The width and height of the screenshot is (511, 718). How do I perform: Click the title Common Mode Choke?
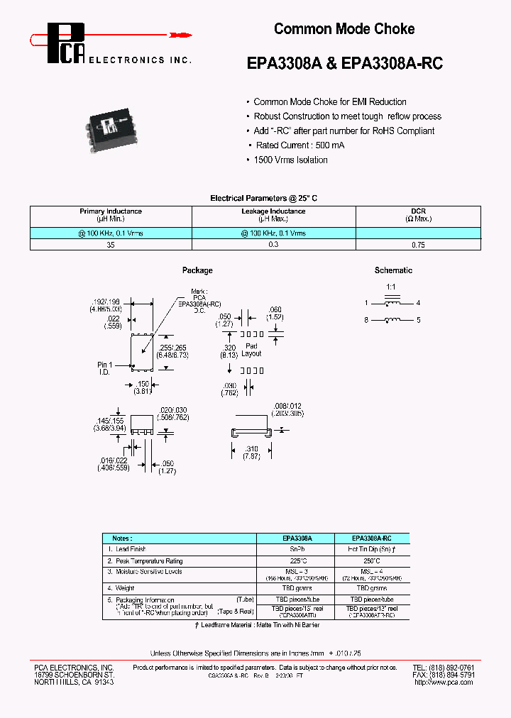click(344, 29)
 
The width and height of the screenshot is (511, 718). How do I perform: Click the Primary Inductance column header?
click(111, 211)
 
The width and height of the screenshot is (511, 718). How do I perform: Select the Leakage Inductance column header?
click(273, 211)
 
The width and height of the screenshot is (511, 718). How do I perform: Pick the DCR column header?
click(418, 211)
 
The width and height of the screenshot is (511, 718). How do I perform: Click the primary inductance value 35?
click(111, 244)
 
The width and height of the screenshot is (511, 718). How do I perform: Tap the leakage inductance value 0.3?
click(273, 244)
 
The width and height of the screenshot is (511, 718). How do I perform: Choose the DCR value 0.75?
click(418, 244)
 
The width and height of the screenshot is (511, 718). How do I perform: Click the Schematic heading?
click(393, 270)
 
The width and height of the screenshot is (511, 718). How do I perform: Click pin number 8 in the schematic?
click(367, 321)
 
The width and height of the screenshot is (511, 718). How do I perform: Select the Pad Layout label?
click(251, 349)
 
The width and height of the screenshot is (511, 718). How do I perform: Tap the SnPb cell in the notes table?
click(295, 550)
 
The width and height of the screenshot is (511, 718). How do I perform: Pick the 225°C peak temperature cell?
click(295, 560)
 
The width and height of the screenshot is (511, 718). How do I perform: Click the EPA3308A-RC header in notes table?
click(371, 538)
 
